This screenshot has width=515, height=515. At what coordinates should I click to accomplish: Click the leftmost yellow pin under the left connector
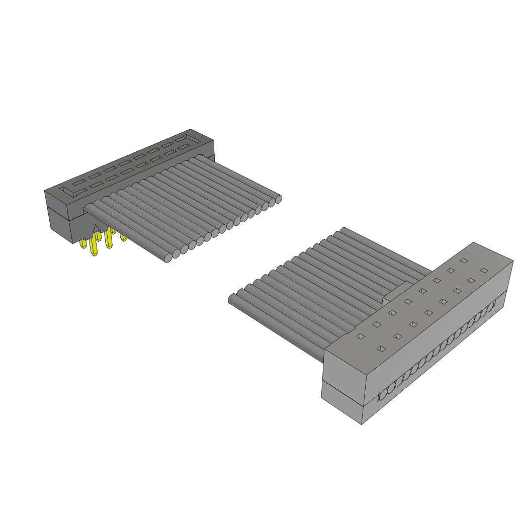(83, 243)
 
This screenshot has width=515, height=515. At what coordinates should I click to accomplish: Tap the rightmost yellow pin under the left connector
(123, 237)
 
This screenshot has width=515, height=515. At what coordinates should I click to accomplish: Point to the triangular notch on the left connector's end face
(96, 229)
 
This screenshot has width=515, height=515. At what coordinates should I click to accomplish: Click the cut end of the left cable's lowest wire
(168, 258)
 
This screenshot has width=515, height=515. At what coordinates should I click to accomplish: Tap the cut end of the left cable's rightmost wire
(278, 199)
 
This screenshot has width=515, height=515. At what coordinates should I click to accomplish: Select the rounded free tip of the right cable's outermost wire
(232, 299)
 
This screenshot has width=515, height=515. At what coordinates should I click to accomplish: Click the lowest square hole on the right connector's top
(381, 349)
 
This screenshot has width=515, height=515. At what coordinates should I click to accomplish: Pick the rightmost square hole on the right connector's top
(484, 271)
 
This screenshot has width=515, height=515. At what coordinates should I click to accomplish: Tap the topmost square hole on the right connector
(464, 261)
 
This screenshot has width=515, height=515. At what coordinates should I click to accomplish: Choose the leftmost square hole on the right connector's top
(361, 336)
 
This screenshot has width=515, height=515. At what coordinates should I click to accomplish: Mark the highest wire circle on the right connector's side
(492, 304)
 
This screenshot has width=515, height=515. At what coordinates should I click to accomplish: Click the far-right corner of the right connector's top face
(512, 262)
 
